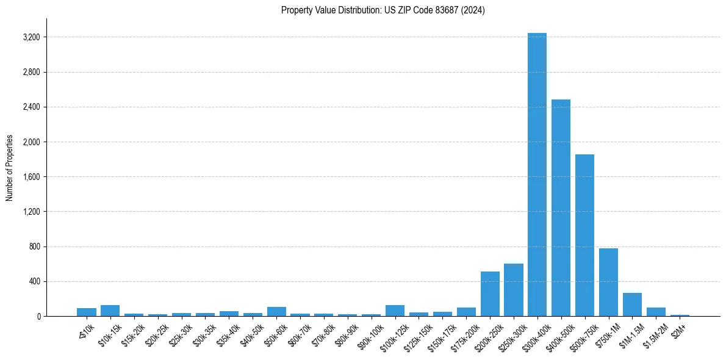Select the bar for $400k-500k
pyautogui.click(x=561, y=208)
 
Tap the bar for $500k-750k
pyautogui.click(x=584, y=236)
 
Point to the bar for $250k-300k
pyautogui.click(x=514, y=290)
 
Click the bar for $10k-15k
pyautogui.click(x=110, y=311)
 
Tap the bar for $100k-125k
pyautogui.click(x=395, y=311)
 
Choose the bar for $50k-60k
pyautogui.click(x=276, y=311)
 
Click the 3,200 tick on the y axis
pyautogui.click(x=31, y=37)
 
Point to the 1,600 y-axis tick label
pyautogui.click(x=31, y=177)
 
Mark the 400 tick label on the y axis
pyautogui.click(x=34, y=282)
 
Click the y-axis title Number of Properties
pyautogui.click(x=10, y=168)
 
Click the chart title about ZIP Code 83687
pyautogui.click(x=383, y=10)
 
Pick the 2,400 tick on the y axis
pyautogui.click(x=31, y=107)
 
